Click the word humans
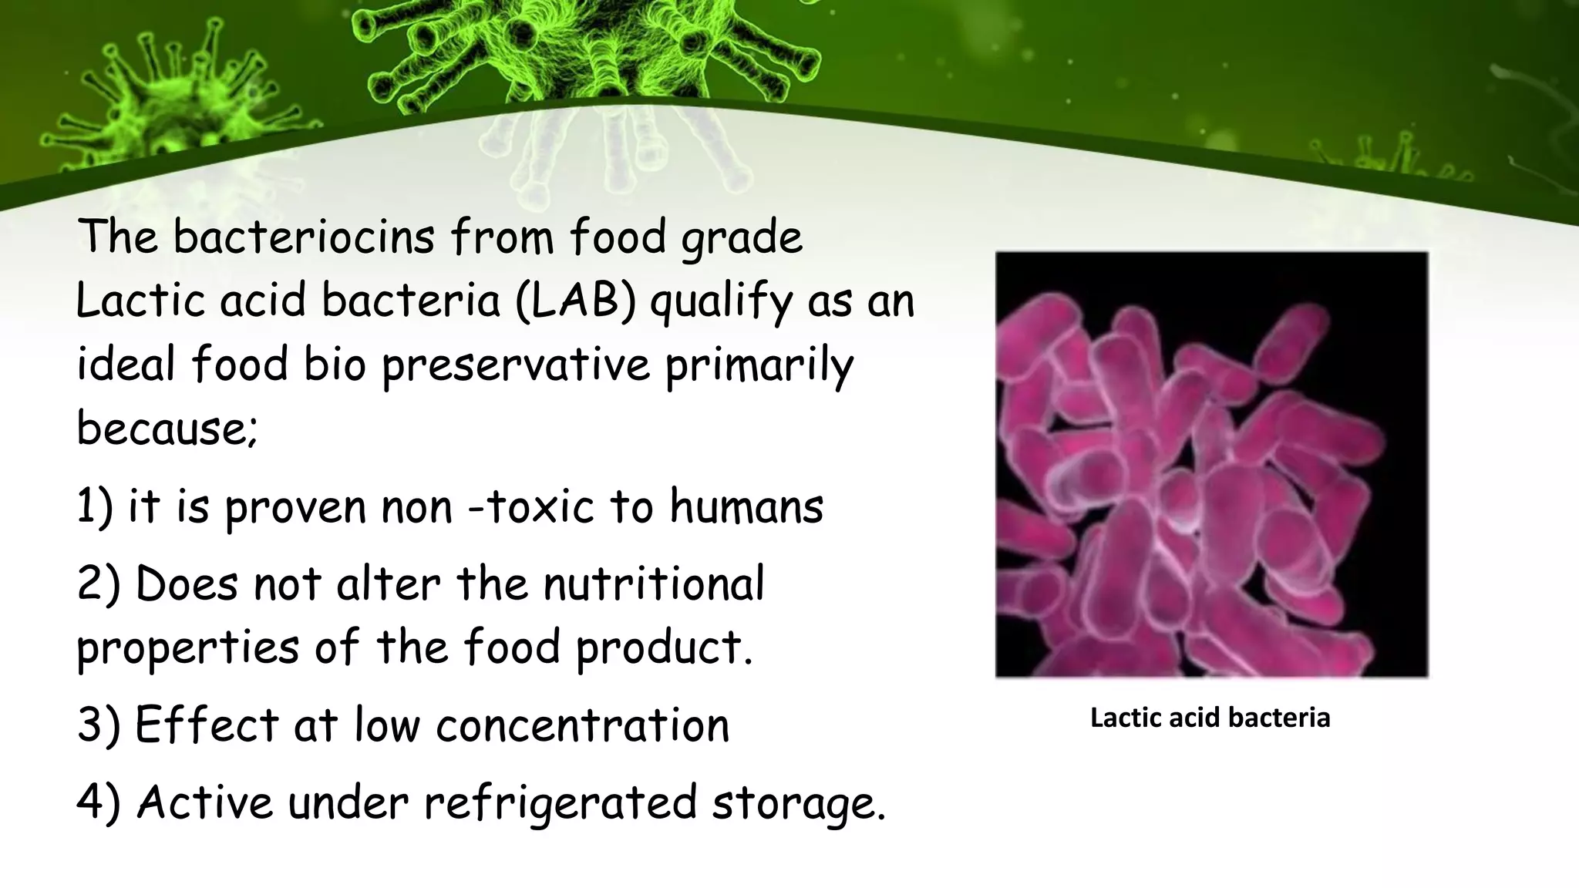pos(746,506)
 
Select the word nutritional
pos(654,584)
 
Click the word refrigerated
pos(560,802)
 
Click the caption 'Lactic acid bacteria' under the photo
pos(1210,718)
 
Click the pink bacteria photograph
pos(1211,465)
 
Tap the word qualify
pos(721,301)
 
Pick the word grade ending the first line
pos(742,237)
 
